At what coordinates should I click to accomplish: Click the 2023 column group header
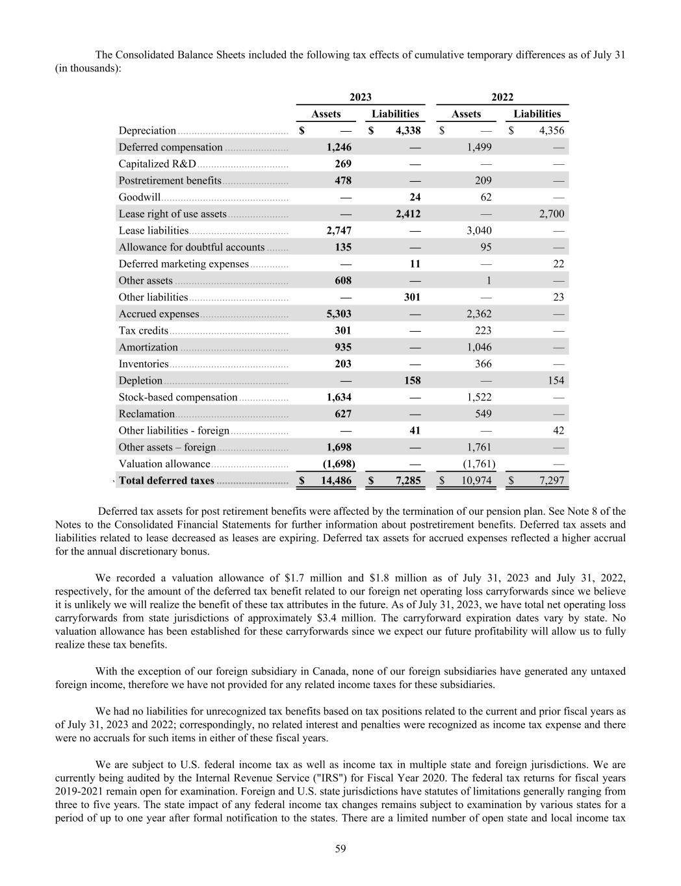361,97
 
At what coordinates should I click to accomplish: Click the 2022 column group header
502,97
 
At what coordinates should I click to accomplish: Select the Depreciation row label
147,130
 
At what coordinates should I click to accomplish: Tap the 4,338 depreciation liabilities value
408,130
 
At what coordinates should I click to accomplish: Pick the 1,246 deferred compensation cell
339,147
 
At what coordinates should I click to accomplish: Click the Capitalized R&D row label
157,164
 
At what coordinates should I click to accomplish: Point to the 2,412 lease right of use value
408,214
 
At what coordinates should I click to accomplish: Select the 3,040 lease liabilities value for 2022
479,230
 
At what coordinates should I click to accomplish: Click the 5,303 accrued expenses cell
339,314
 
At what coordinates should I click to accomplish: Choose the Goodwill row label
139,197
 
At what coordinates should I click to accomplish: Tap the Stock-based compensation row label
177,397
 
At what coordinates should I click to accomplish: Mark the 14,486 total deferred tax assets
336,481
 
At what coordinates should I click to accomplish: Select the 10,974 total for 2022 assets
476,481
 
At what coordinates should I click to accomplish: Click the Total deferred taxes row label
166,481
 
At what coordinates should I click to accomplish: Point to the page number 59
340,848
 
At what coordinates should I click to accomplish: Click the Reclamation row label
146,414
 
